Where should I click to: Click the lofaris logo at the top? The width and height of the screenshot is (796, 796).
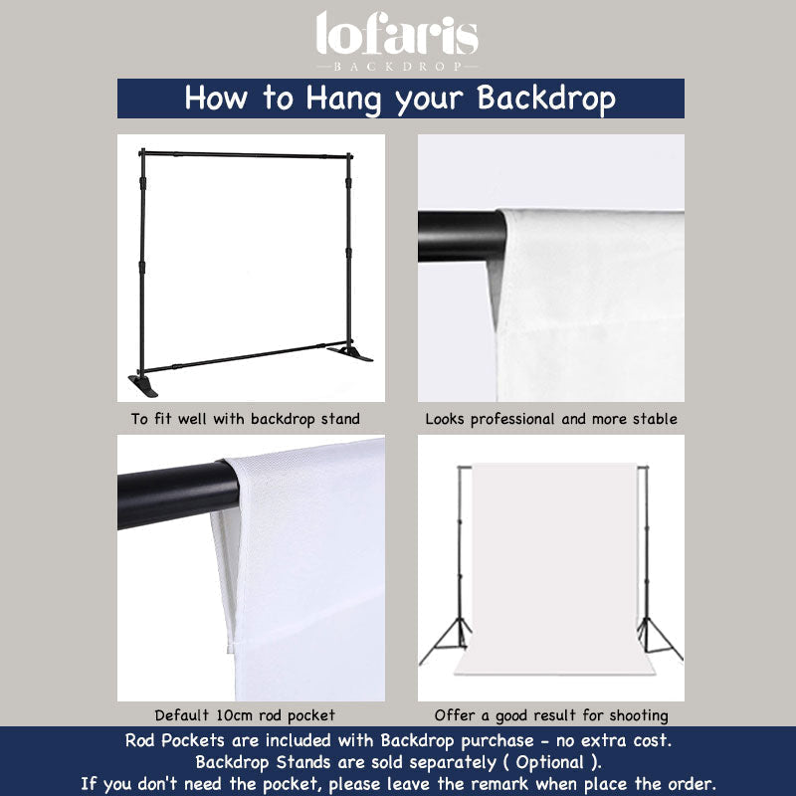pos(398,35)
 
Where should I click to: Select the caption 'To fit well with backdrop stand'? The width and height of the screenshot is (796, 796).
pos(246,419)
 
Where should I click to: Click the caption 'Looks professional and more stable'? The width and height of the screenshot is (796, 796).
pos(551,419)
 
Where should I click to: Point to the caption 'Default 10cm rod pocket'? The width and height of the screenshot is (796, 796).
pos(245,714)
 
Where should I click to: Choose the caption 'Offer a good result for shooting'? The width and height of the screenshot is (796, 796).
pos(551,714)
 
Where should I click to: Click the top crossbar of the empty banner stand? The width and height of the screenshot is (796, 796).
pos(246,154)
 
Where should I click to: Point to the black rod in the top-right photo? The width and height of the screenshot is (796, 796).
pos(460,236)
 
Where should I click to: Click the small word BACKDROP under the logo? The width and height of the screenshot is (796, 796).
pos(398,65)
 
